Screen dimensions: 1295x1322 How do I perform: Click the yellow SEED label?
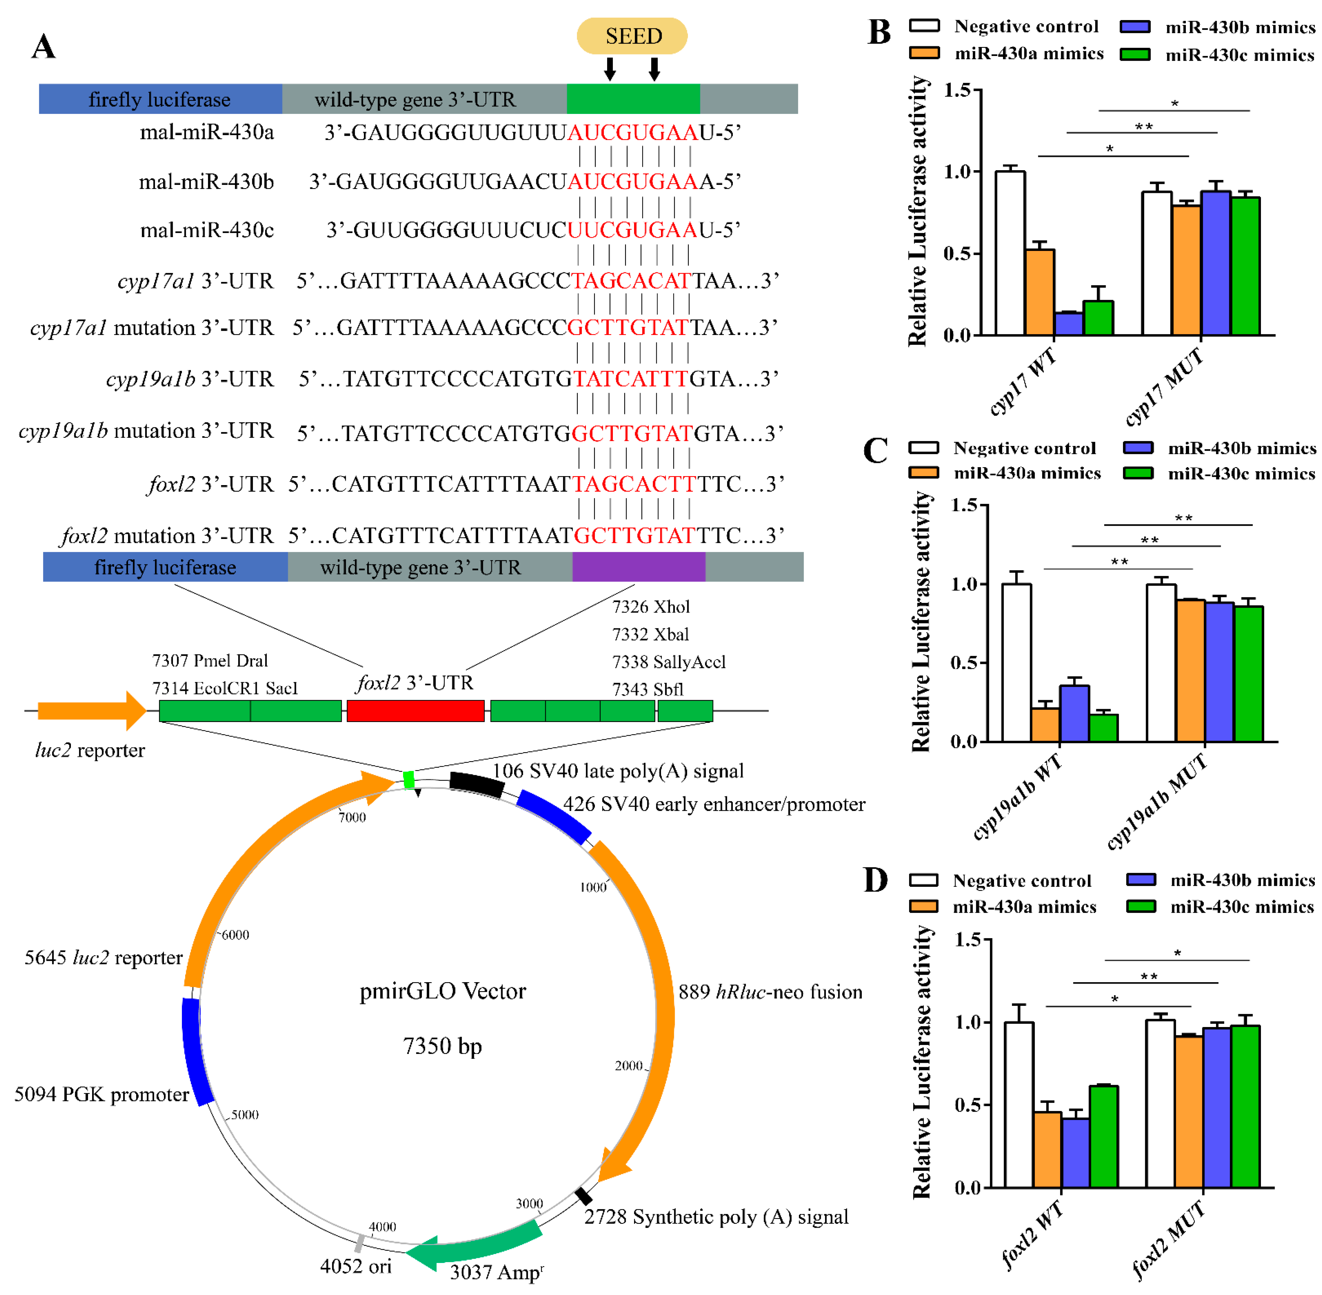(x=632, y=36)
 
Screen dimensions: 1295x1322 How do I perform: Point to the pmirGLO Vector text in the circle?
(x=442, y=991)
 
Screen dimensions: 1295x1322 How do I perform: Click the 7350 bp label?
(x=442, y=1045)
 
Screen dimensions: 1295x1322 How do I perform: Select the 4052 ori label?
(x=355, y=1266)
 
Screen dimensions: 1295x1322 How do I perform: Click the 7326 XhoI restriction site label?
(x=651, y=607)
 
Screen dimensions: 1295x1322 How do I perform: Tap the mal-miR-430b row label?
(x=206, y=182)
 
